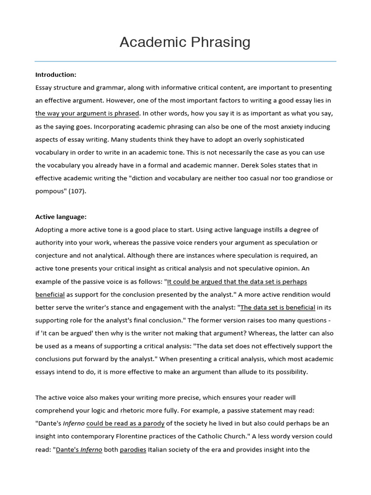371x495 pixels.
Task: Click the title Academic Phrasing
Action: click(185, 43)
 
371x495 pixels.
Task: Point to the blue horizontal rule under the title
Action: click(185, 61)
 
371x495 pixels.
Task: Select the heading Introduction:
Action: click(56, 74)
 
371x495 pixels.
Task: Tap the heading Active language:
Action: click(61, 217)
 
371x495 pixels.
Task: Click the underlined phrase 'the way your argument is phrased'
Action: click(87, 114)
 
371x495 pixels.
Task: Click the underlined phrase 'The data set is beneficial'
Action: click(278, 307)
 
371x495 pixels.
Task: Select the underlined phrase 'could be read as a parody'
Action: click(126, 423)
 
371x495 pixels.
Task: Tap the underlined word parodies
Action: click(133, 450)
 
